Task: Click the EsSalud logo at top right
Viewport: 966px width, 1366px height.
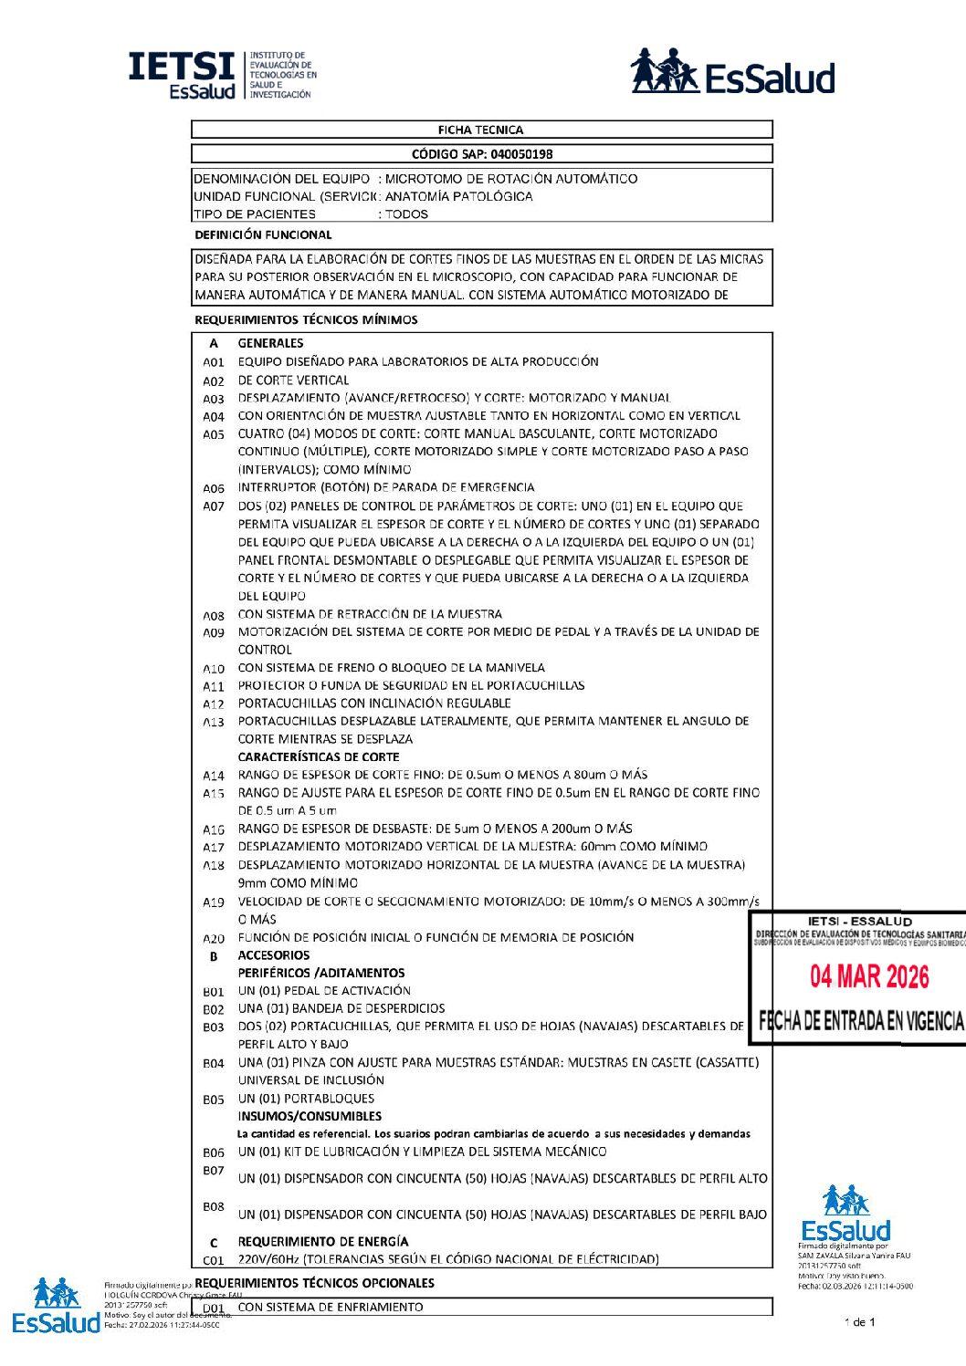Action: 732,72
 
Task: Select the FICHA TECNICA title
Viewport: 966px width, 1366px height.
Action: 481,130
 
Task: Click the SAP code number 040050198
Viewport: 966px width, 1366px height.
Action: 521,154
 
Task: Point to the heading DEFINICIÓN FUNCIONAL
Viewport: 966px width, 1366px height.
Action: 263,235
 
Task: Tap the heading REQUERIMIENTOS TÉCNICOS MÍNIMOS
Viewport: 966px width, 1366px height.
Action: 306,319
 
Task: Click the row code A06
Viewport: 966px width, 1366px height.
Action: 214,488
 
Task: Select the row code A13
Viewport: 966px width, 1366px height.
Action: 214,722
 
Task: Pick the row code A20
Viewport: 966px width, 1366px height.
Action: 214,938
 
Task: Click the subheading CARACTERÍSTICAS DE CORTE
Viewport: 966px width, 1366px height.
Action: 319,756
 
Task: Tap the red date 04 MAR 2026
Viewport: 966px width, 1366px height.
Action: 869,976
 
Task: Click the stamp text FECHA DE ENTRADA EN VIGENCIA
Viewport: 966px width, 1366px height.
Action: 860,1020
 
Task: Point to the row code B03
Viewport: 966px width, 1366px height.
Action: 214,1027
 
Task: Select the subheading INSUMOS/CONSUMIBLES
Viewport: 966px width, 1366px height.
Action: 310,1116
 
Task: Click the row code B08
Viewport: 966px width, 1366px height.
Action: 214,1206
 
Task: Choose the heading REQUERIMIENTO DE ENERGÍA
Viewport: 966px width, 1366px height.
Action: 323,1241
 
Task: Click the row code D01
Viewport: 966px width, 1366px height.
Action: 214,1308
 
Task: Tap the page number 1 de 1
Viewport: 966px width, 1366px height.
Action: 859,1322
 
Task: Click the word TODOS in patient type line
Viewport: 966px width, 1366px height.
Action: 406,214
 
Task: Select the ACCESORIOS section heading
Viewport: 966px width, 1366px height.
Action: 274,955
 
